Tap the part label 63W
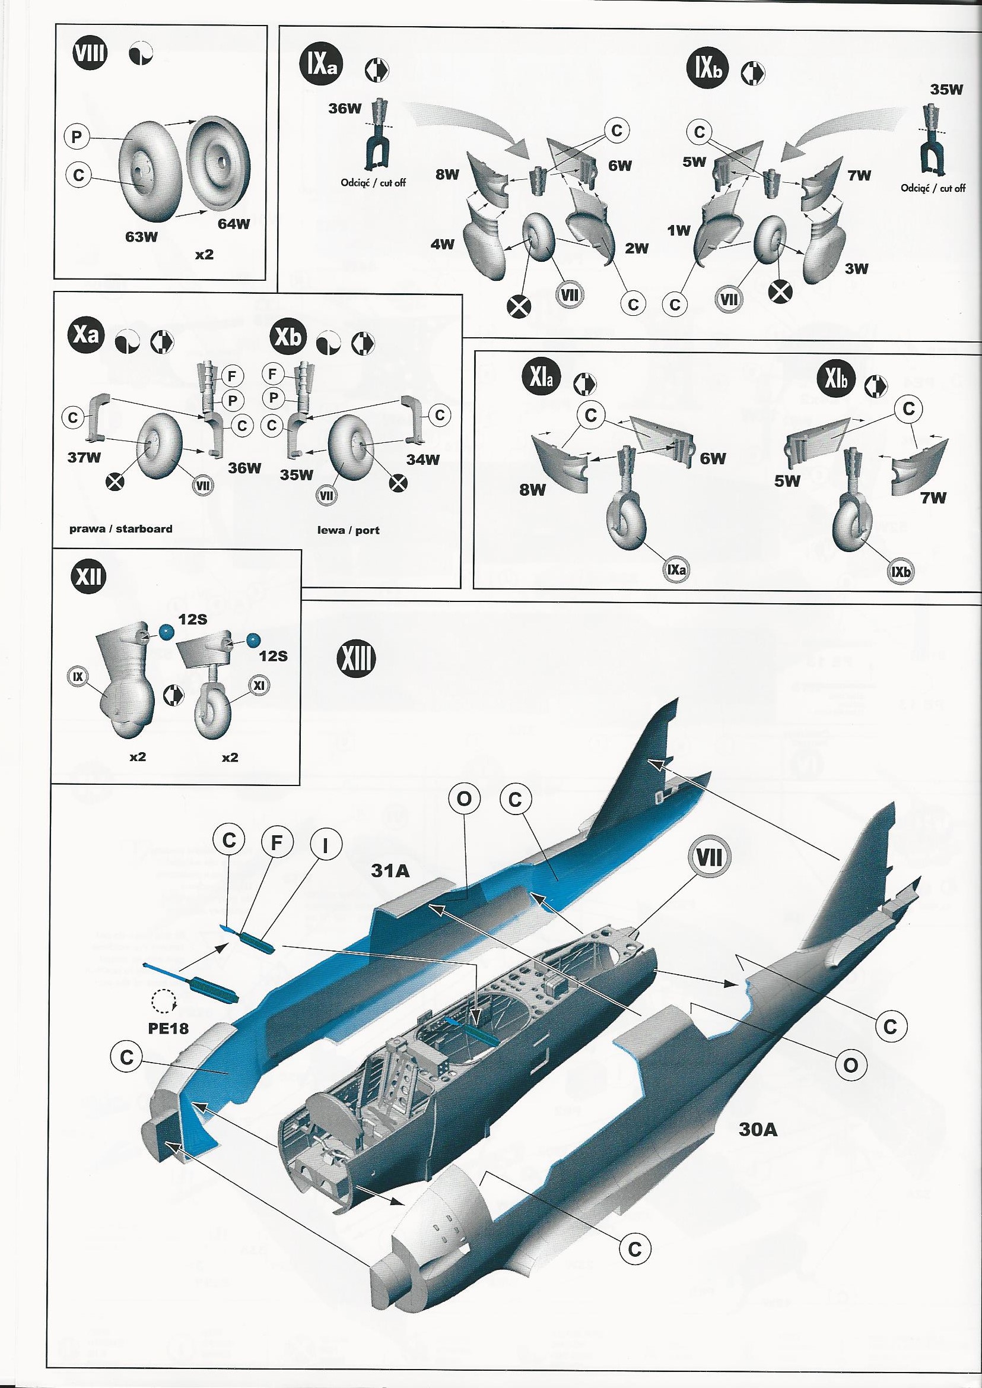coord(141,236)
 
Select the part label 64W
coord(233,223)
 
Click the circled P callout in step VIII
coord(76,137)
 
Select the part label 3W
coord(856,269)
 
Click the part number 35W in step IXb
coord(946,90)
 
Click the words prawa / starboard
coord(120,528)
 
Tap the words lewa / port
coord(348,530)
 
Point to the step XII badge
coord(88,576)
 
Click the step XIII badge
coord(355,660)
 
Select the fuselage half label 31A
coord(390,871)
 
